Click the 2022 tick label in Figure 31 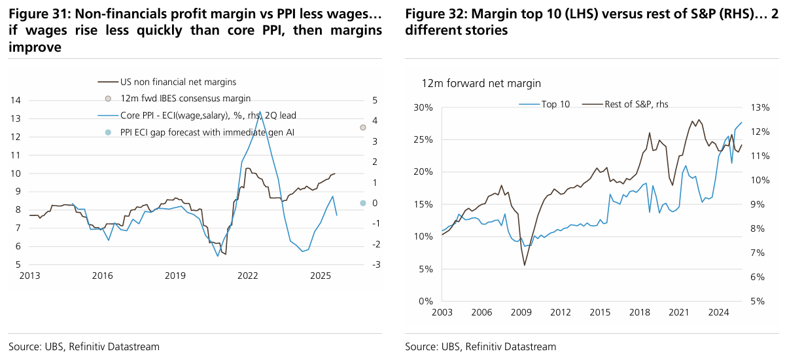pos(247,276)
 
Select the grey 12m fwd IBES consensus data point pos(362,127)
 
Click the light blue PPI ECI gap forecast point pos(362,204)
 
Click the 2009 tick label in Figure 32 pos(521,312)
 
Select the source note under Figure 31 pos(84,346)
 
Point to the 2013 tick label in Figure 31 pos(29,276)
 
